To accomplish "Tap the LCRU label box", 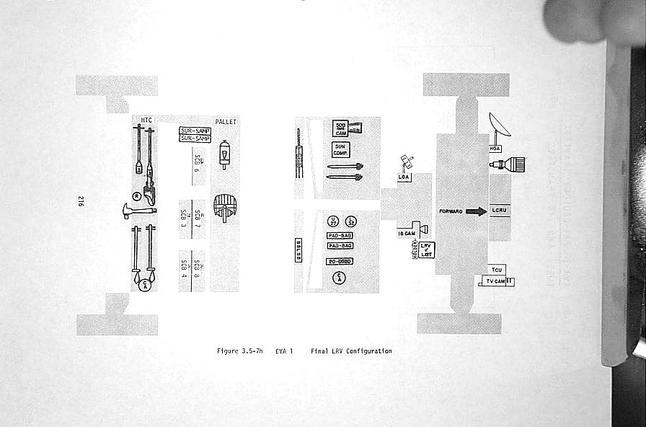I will click(500, 210).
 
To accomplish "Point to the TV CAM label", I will click(495, 281).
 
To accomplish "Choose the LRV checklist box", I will click(425, 250).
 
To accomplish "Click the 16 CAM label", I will click(406, 233).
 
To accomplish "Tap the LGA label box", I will click(404, 176).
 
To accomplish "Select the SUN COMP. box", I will click(340, 150).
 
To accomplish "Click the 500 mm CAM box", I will click(340, 128).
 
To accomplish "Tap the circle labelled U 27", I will click(333, 222).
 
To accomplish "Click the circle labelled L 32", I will click(351, 222).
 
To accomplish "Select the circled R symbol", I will click(136, 195).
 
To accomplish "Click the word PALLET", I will click(226, 122).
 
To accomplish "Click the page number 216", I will click(81, 203).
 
